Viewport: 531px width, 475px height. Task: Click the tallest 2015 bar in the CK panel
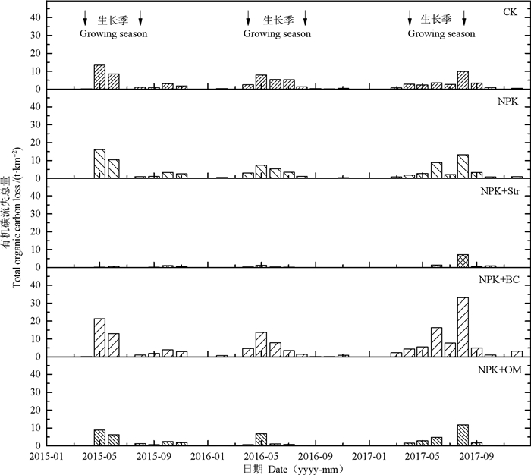pyautogui.click(x=99, y=77)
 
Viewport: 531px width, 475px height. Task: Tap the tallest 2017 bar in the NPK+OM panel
pyautogui.click(x=463, y=436)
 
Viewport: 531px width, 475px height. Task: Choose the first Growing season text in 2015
pyautogui.click(x=114, y=34)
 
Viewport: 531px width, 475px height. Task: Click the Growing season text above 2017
pyautogui.click(x=441, y=34)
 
